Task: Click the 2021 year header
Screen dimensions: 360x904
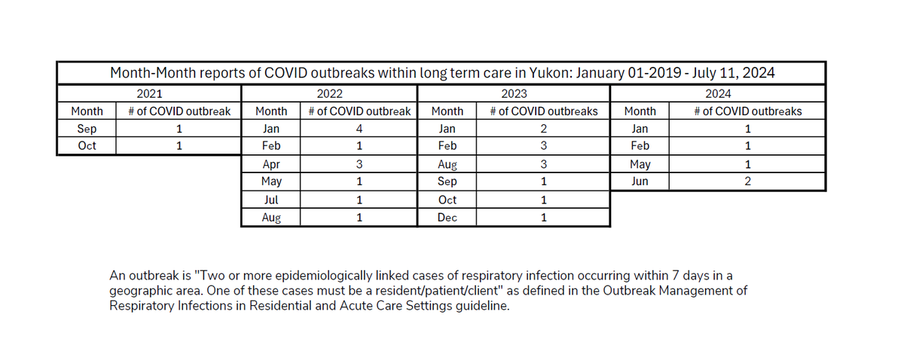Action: click(148, 93)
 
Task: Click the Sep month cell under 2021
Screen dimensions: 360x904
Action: click(87, 128)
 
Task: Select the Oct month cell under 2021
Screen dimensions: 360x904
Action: click(87, 145)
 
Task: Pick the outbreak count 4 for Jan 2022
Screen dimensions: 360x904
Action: click(359, 128)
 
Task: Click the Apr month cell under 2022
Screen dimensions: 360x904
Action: click(270, 163)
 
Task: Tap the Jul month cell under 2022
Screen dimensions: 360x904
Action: click(270, 200)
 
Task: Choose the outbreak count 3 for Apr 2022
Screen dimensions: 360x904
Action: click(359, 163)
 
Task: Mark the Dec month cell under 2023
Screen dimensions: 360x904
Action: click(447, 218)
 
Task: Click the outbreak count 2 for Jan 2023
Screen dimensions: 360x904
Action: click(543, 128)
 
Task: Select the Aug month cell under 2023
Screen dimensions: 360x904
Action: click(447, 163)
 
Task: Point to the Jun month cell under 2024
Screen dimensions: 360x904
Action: click(640, 182)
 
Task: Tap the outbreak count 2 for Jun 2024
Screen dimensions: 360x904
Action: click(747, 182)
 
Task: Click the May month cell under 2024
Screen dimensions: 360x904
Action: click(640, 163)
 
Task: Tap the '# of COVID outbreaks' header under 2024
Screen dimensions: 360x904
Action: click(747, 111)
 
